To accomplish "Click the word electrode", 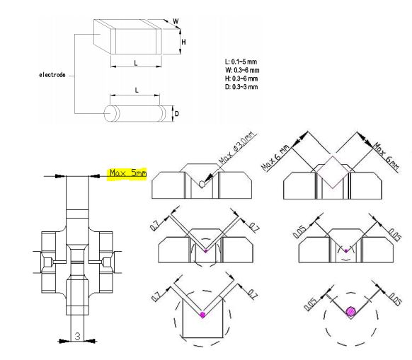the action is [x=52, y=75].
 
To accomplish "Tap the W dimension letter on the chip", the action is [x=176, y=21].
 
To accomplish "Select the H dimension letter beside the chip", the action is [x=183, y=42].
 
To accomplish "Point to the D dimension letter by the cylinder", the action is [x=177, y=114].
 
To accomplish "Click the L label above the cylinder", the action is [x=137, y=91].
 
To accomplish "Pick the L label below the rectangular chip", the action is [x=136, y=63].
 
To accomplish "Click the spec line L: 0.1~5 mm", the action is [x=241, y=62].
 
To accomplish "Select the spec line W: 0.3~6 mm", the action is [x=242, y=70].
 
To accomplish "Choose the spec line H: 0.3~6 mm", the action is [x=241, y=79].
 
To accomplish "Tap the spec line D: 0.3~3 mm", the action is [x=241, y=87].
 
